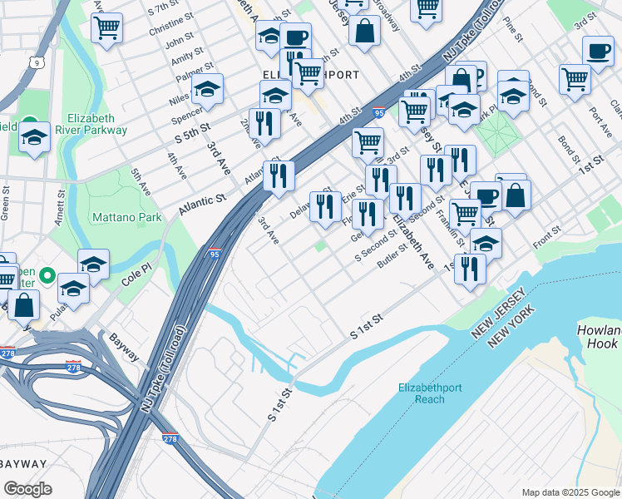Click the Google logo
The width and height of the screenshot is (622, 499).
coord(27,489)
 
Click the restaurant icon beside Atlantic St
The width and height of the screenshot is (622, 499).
coord(279,175)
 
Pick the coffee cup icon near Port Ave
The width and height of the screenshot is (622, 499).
coord(597,51)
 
